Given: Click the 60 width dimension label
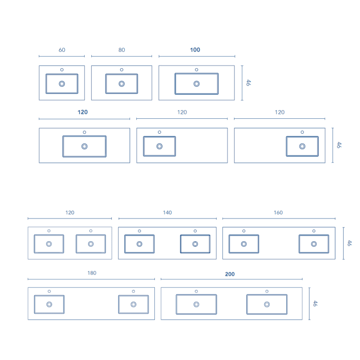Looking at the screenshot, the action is (x=62, y=50).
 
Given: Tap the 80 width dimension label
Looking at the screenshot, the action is (x=121, y=50).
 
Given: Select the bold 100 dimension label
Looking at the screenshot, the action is (x=195, y=50).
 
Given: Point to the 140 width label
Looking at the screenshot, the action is (x=167, y=212).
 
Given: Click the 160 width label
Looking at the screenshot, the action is (x=278, y=212).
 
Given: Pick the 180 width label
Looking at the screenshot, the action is (x=92, y=273).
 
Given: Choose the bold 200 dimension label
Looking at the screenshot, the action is (x=230, y=274).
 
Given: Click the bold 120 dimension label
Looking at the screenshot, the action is (x=83, y=112).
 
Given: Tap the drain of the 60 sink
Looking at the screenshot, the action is (x=62, y=84).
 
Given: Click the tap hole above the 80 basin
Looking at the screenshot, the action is (x=121, y=70).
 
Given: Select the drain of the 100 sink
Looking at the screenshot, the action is (x=197, y=84).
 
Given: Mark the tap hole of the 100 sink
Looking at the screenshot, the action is (x=197, y=70).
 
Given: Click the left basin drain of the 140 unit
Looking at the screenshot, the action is (x=139, y=244).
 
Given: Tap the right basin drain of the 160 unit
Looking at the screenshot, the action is (x=314, y=244).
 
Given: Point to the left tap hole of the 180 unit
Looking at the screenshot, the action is (x=49, y=291).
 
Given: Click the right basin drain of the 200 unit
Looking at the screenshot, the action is (x=267, y=305).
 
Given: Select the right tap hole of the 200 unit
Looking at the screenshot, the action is (x=267, y=291).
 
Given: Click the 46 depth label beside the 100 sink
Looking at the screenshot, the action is (x=248, y=83).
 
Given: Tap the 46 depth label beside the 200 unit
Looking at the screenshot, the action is (x=315, y=303).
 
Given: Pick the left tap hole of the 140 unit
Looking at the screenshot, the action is (x=139, y=231).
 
